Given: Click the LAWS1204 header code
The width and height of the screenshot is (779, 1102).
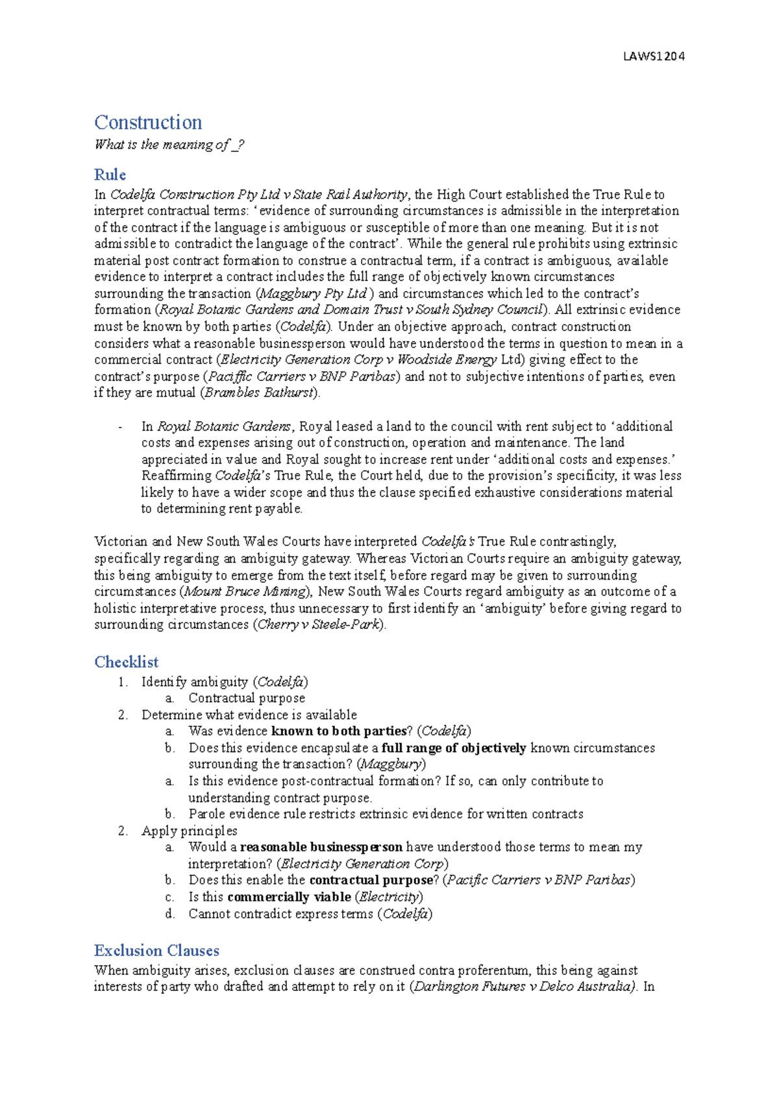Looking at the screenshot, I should click(x=653, y=56).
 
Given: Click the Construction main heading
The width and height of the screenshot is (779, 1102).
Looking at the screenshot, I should click(x=148, y=122).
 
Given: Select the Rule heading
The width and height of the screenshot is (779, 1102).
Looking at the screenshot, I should click(x=110, y=175).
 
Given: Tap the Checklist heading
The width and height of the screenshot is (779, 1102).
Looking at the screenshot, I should click(x=126, y=662).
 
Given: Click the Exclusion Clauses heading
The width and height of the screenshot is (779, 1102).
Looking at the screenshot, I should click(x=156, y=950).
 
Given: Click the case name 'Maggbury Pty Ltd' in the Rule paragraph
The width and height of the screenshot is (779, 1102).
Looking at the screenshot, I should click(x=313, y=293).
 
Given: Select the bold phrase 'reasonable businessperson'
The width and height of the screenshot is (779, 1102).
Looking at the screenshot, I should click(x=321, y=847).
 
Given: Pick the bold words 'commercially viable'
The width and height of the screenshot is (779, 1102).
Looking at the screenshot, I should click(x=289, y=897).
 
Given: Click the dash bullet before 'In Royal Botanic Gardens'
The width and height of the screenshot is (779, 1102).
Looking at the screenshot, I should click(x=121, y=427).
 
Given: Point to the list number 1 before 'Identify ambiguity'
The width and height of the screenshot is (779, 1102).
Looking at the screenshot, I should click(x=122, y=682).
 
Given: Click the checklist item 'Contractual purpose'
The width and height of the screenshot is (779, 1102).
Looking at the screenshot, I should click(x=246, y=698).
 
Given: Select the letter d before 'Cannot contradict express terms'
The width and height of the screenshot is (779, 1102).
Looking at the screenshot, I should click(x=169, y=914).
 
